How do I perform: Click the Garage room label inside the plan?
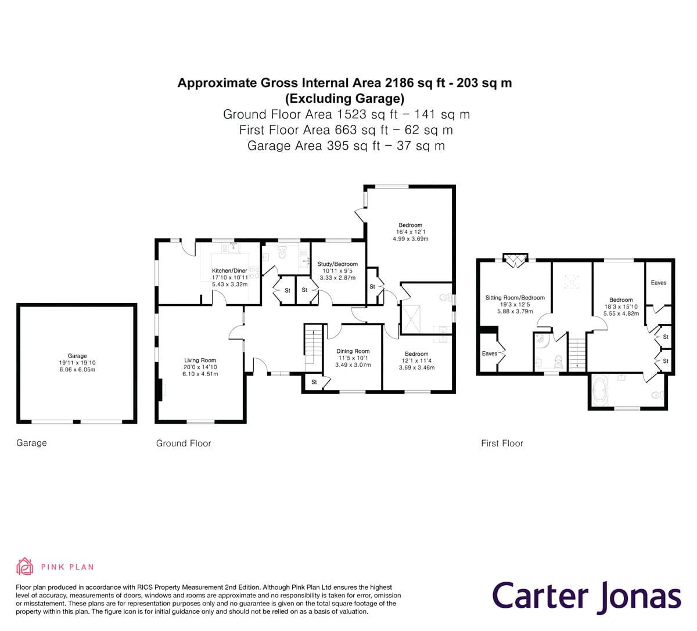tap(77, 356)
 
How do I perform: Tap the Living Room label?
tap(200, 360)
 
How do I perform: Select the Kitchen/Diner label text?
tap(229, 271)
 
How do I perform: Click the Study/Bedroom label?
tap(337, 264)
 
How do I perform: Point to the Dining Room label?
tap(353, 351)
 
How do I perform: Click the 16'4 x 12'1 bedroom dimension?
tap(410, 232)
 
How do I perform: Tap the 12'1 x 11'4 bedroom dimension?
tap(416, 360)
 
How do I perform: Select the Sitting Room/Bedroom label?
tap(515, 298)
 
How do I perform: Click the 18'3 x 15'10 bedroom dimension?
tap(621, 307)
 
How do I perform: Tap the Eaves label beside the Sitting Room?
tap(489, 354)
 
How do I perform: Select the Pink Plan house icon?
tap(25, 567)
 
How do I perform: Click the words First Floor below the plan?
tap(502, 443)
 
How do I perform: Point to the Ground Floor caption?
tap(184, 443)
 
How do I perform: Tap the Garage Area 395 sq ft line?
tap(346, 146)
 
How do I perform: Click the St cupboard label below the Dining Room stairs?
tap(314, 382)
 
